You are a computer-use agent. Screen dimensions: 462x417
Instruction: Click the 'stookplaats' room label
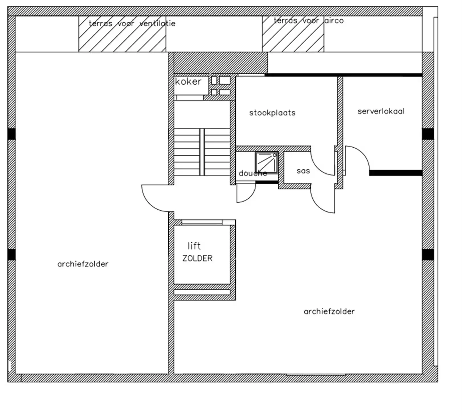pyautogui.click(x=272, y=113)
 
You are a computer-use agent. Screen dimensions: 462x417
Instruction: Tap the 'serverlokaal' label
pyautogui.click(x=381, y=111)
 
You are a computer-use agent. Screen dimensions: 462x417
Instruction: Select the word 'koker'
pyautogui.click(x=188, y=82)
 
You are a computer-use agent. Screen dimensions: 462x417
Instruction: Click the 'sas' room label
pyautogui.click(x=303, y=171)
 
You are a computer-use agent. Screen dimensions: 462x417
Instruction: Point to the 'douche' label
pyautogui.click(x=253, y=173)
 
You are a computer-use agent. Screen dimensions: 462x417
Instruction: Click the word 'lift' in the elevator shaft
pyautogui.click(x=194, y=246)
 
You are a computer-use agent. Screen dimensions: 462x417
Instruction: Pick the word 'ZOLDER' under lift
pyautogui.click(x=197, y=258)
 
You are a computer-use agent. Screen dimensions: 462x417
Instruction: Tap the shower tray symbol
pyautogui.click(x=267, y=163)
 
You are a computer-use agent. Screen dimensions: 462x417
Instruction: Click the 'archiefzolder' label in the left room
pyautogui.click(x=83, y=264)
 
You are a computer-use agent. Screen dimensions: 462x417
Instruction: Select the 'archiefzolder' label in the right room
pyautogui.click(x=329, y=311)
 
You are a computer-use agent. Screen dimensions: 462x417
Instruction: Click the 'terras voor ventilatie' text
pyautogui.click(x=132, y=23)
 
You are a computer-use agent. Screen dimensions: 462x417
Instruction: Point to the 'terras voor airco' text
pyautogui.click(x=309, y=21)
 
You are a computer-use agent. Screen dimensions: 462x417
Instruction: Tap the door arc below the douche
pyautogui.click(x=250, y=197)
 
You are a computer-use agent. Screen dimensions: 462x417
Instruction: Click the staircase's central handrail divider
pyautogui.click(x=202, y=152)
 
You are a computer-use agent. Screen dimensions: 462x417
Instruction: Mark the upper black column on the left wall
pyautogui.click(x=11, y=134)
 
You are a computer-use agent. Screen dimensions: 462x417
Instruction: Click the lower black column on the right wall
pyautogui.click(x=428, y=255)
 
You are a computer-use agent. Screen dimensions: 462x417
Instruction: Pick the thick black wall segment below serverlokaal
pyautogui.click(x=396, y=173)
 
